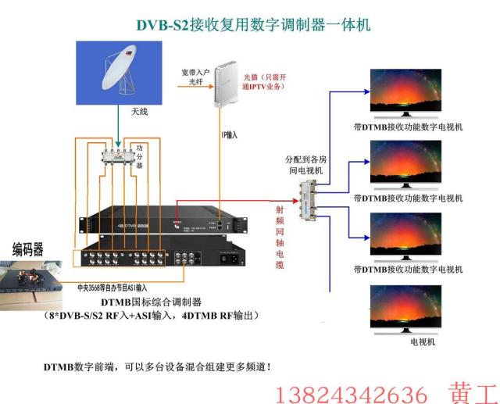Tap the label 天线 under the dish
138,112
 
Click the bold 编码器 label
27,249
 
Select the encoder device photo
31,283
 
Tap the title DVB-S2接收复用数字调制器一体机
253,25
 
